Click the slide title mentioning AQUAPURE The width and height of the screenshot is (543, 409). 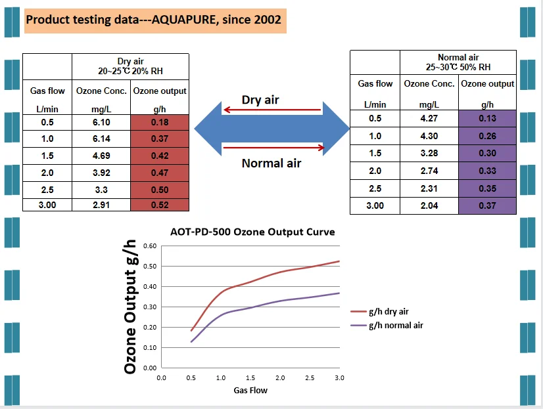[x=153, y=20]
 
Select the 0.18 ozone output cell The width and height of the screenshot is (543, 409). [x=160, y=123]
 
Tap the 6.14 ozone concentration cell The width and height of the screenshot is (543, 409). [x=101, y=139]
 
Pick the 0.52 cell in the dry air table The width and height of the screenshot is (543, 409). [x=160, y=205]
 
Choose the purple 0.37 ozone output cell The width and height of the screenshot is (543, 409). [x=487, y=205]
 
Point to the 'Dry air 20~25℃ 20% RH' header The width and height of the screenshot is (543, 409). [x=130, y=66]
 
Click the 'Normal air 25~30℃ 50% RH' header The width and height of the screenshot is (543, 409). [x=458, y=62]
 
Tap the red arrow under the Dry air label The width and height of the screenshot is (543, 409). [x=271, y=110]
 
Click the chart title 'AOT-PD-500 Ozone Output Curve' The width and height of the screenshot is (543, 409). [x=252, y=232]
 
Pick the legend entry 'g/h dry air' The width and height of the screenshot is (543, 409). [x=388, y=312]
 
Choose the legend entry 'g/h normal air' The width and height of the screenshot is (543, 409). [x=395, y=325]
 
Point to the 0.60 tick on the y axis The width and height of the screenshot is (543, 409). [x=151, y=246]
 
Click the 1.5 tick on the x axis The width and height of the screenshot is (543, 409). [x=250, y=378]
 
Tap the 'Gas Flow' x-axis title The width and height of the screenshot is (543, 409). [x=250, y=390]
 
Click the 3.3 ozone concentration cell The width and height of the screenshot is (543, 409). [x=101, y=188]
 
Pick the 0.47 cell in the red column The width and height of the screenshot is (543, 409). [x=160, y=172]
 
